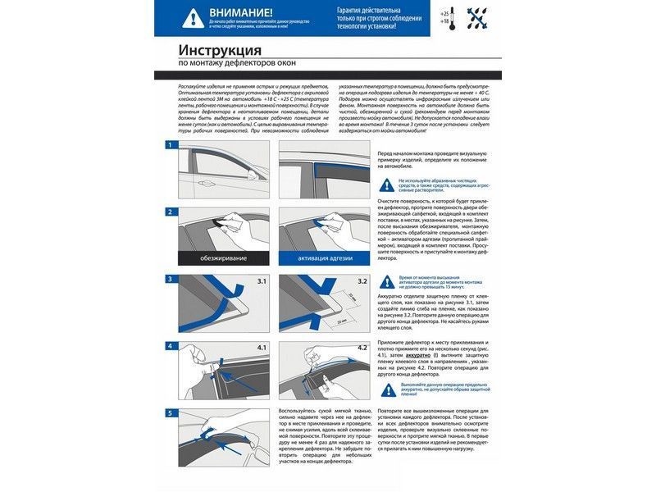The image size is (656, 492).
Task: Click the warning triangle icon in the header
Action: [192, 17]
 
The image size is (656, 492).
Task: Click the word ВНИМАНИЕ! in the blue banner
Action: [242, 12]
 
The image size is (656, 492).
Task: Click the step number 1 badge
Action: [170, 145]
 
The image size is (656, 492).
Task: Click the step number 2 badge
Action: [170, 212]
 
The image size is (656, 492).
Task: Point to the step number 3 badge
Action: [170, 279]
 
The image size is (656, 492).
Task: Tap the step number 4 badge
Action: [170, 346]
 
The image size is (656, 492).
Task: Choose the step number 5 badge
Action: [170, 412]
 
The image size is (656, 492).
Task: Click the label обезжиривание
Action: [216, 259]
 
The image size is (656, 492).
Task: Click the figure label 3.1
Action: [262, 281]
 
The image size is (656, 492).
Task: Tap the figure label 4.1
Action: [262, 348]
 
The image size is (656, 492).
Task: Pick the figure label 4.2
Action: [361, 348]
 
